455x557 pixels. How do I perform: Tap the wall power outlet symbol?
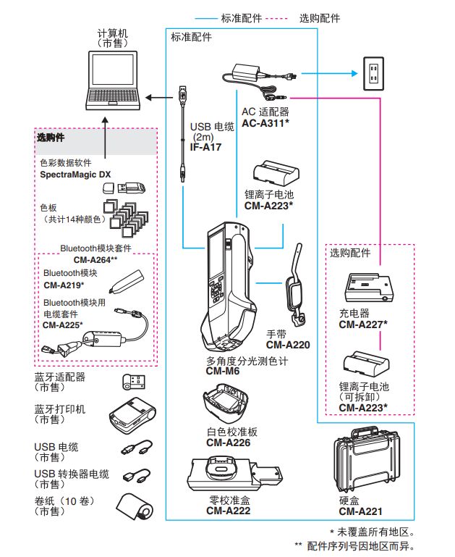click(x=374, y=72)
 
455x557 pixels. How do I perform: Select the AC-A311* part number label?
click(x=265, y=124)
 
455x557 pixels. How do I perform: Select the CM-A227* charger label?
click(x=363, y=324)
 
